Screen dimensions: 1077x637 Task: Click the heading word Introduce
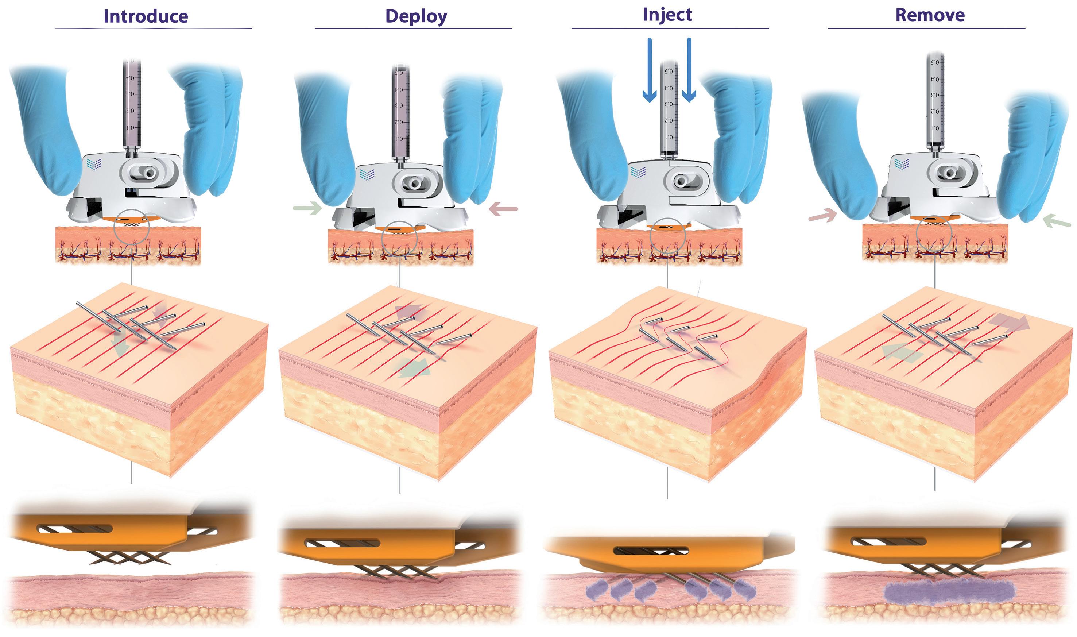[146, 16]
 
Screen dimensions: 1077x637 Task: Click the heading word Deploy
[416, 16]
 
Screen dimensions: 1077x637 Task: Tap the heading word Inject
[667, 15]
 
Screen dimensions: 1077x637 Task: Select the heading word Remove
[930, 15]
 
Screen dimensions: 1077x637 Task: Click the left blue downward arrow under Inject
[650, 70]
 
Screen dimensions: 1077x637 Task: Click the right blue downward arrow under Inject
[689, 70]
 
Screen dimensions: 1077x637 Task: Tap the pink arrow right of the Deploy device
[503, 209]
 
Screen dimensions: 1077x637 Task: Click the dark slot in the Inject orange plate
[651, 550]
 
